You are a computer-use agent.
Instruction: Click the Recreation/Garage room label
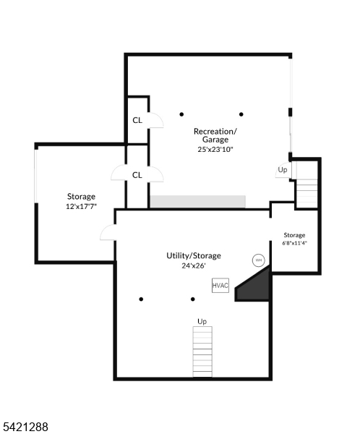(x=215, y=135)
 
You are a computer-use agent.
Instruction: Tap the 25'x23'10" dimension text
(x=215, y=150)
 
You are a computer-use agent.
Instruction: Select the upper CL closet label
(x=137, y=121)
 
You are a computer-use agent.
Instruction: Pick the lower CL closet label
(x=137, y=174)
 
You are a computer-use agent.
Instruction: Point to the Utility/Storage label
(x=194, y=255)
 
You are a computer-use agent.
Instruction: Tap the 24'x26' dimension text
(x=194, y=266)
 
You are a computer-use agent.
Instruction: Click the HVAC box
(x=220, y=286)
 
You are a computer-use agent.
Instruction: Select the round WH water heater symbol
(x=258, y=260)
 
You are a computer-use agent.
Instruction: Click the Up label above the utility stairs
(x=202, y=321)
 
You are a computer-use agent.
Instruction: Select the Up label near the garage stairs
(x=282, y=170)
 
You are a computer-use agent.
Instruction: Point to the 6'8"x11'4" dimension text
(x=294, y=243)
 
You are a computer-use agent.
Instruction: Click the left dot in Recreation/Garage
(x=181, y=114)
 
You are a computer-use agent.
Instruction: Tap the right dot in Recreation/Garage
(x=241, y=114)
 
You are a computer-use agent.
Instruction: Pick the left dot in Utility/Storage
(x=142, y=299)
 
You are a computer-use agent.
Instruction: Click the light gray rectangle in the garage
(x=197, y=201)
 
